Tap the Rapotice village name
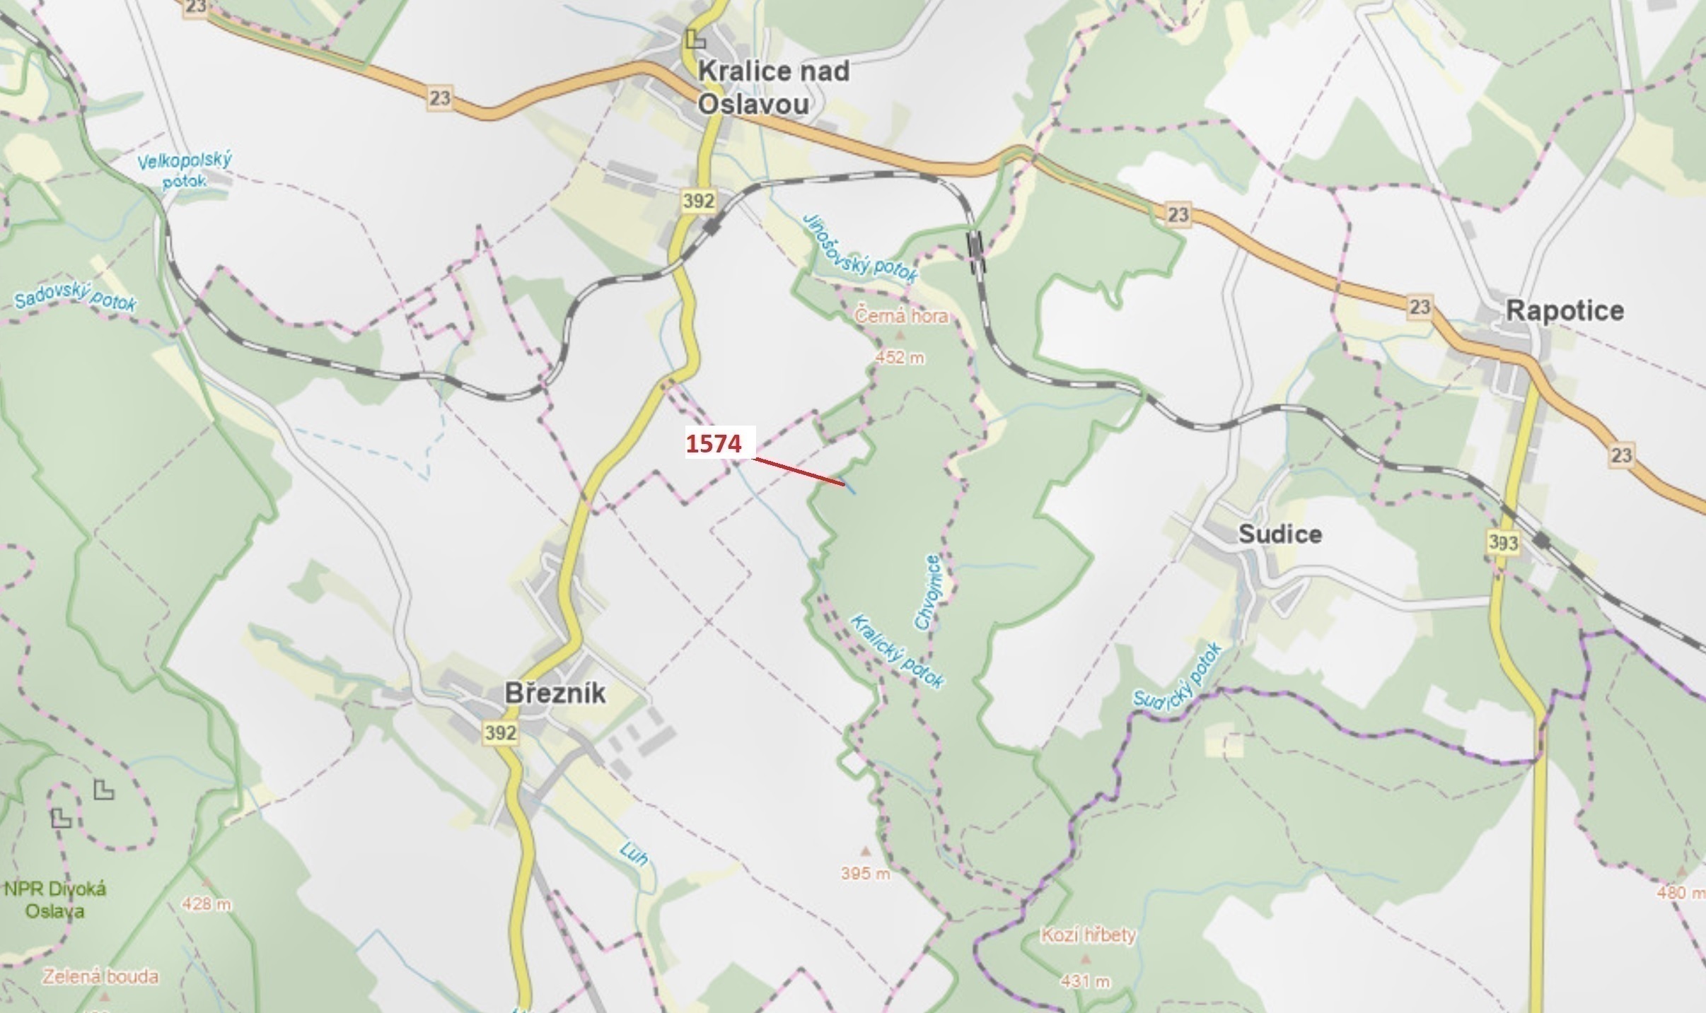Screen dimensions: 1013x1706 click(x=1565, y=311)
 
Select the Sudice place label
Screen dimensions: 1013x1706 click(x=1279, y=534)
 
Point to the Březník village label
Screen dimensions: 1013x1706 click(x=555, y=693)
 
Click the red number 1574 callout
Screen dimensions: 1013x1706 click(x=714, y=444)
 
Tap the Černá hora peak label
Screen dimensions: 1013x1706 click(x=901, y=315)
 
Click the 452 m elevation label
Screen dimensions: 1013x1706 click(x=899, y=358)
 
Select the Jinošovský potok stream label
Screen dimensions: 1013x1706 click(x=860, y=248)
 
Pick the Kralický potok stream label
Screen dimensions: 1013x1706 click(x=897, y=651)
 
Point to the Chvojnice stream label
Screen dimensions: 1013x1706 click(x=928, y=592)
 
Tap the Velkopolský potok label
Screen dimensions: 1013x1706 click(x=184, y=170)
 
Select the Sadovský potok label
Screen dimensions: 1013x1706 click(x=75, y=300)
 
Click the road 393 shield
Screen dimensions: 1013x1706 click(x=1502, y=542)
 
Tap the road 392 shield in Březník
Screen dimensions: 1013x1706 click(x=500, y=733)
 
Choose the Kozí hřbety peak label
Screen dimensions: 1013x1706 click(x=1088, y=935)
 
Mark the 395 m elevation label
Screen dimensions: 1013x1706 click(x=865, y=874)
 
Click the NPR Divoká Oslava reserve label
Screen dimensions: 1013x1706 click(x=54, y=899)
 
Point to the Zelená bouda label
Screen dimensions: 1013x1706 click(x=100, y=977)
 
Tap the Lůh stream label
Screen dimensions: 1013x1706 click(x=633, y=853)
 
